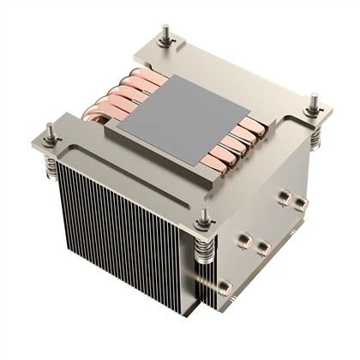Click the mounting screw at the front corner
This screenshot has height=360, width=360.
pyautogui.click(x=204, y=222)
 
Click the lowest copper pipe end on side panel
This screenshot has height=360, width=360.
pyautogui.click(x=226, y=286)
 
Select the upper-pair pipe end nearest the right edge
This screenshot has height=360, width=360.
pyautogui.click(x=301, y=204)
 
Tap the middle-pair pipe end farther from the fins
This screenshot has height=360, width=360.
pyautogui.click(x=263, y=249)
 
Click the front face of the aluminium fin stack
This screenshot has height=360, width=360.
pyautogui.click(x=129, y=240)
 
